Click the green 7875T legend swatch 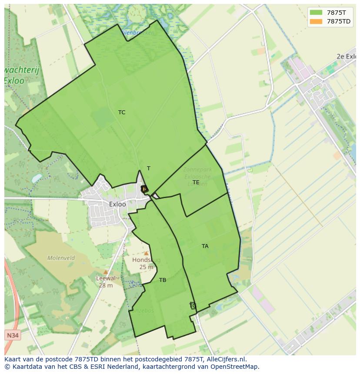pos(316,13)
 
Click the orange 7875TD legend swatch pos(316,21)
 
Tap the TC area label pos(122,113)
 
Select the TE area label pos(196,182)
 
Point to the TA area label pos(205,246)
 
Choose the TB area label pos(163,280)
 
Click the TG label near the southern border pos(193,306)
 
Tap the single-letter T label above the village pos(149,169)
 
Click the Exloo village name pos(117,204)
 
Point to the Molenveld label pos(61,258)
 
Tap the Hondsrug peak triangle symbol pos(147,253)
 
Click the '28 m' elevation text pos(106,285)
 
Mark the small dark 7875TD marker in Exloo pos(144,189)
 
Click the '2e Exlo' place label pos(346,56)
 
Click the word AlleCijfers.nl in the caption pos(227,359)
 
